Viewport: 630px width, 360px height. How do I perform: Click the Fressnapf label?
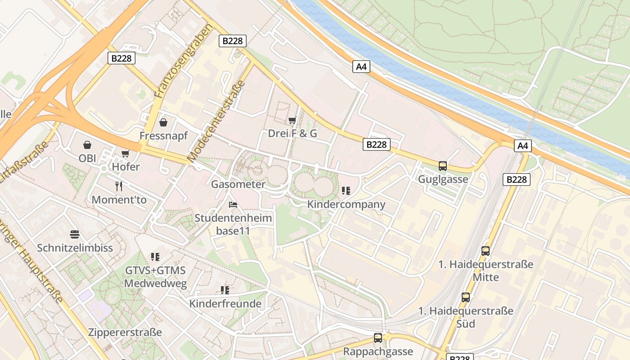point(163,135)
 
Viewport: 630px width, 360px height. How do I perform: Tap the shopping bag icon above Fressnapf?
point(163,122)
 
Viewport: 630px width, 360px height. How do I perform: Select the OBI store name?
point(87,158)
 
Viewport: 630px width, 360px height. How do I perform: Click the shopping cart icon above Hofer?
point(126,154)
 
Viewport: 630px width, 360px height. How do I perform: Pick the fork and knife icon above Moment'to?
point(119,186)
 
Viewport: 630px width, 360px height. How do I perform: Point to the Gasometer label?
point(238,184)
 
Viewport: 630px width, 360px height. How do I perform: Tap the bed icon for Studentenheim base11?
point(233,205)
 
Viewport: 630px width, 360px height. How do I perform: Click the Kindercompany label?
point(346,204)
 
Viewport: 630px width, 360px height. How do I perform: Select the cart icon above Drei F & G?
point(292,120)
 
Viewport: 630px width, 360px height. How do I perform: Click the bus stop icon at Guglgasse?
point(443,166)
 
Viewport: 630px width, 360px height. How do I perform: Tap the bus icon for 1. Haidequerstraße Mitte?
point(486,251)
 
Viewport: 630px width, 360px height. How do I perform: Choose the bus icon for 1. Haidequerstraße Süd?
point(466,297)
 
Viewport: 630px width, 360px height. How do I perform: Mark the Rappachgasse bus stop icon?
point(378,337)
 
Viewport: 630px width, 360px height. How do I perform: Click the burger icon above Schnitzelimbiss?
point(75,234)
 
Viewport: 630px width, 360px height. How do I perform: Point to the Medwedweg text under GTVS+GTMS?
point(155,283)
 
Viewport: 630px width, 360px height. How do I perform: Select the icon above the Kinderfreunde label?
point(225,290)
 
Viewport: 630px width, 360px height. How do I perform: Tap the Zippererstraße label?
point(125,333)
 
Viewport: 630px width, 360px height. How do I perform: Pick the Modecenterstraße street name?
point(216,121)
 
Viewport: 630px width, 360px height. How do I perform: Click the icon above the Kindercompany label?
point(346,191)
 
